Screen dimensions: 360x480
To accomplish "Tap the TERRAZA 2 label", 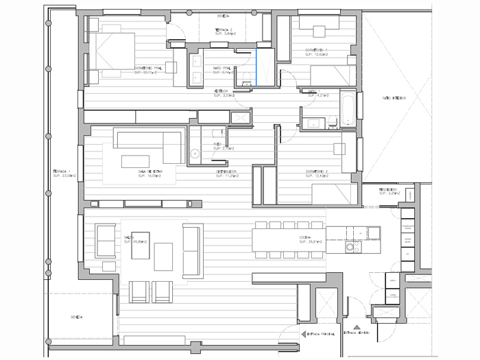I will coord(224,30).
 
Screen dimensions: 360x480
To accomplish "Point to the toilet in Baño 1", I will coord(332,122).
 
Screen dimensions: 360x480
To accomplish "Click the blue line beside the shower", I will coord(256,65).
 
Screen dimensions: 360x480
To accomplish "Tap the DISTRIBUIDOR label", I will coord(227,171).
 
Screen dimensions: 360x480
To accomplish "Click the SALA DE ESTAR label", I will coord(149,171).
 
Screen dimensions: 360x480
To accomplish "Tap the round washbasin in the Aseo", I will coord(195,154).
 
